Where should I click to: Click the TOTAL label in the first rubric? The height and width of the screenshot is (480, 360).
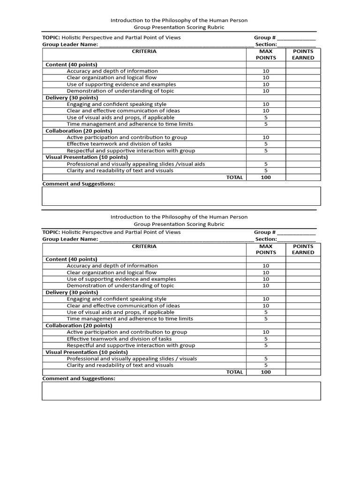pyautogui.click(x=234, y=177)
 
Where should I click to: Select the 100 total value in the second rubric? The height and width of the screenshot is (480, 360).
pyautogui.click(x=266, y=372)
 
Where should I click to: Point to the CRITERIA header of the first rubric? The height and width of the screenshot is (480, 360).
pyautogui.click(x=144, y=52)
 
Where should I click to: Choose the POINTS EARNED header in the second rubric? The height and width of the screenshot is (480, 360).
pyautogui.click(x=303, y=249)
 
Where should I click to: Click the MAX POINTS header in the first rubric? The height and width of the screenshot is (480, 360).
pyautogui.click(x=266, y=54)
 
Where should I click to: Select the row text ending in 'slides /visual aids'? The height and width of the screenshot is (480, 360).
pyautogui.click(x=135, y=164)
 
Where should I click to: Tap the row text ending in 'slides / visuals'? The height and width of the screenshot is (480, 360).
pyautogui.click(x=132, y=359)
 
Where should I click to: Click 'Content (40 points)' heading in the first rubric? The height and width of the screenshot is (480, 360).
pyautogui.click(x=71, y=64)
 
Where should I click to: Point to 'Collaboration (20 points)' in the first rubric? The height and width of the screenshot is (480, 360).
pyautogui.click(x=79, y=131)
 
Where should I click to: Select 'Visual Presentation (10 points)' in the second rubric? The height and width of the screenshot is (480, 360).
pyautogui.click(x=86, y=352)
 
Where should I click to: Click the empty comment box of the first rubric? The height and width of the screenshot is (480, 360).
pyautogui.click(x=181, y=196)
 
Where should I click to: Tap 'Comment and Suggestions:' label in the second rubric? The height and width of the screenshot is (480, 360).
pyautogui.click(x=78, y=378)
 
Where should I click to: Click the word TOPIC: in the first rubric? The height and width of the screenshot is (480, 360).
pyautogui.click(x=51, y=37)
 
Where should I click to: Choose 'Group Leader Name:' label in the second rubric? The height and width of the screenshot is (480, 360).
pyautogui.click(x=70, y=239)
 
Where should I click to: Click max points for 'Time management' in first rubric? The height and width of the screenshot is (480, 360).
pyautogui.click(x=266, y=124)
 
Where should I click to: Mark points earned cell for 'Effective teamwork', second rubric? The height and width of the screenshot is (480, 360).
pyautogui.click(x=303, y=338)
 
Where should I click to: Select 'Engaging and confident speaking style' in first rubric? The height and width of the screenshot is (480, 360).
pyautogui.click(x=116, y=104)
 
